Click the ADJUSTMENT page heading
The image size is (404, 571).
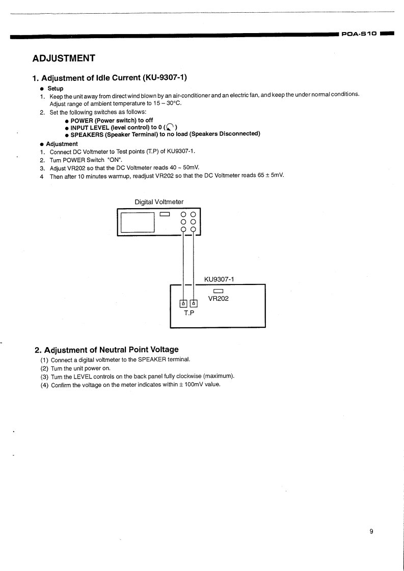pyautogui.click(x=64, y=58)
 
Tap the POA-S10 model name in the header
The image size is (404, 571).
pyautogui.click(x=360, y=34)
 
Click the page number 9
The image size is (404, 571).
pyautogui.click(x=371, y=532)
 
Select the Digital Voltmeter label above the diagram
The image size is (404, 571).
pyautogui.click(x=159, y=202)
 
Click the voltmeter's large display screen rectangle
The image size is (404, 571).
pyautogui.click(x=138, y=221)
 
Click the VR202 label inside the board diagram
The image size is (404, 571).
pyautogui.click(x=219, y=299)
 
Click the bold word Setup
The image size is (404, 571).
pyautogui.click(x=56, y=89)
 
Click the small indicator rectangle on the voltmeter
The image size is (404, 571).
pyautogui.click(x=165, y=214)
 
